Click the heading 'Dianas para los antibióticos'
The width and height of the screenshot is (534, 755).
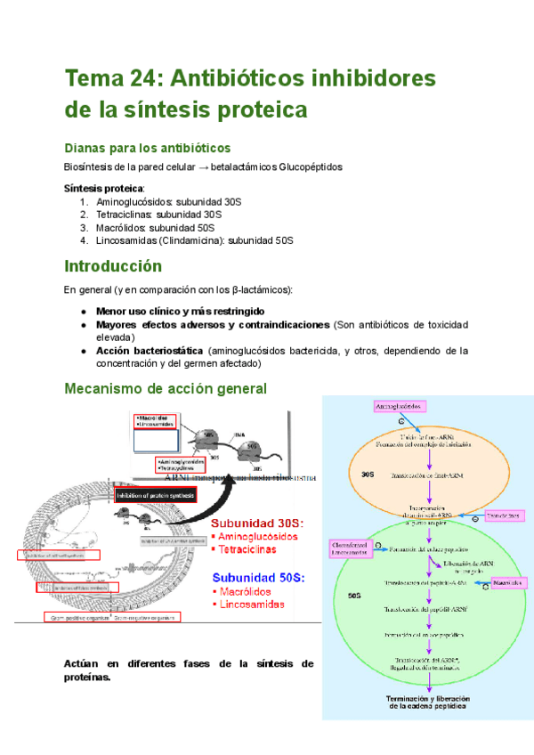[x=148, y=147]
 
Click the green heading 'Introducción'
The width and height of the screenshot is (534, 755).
[x=113, y=266]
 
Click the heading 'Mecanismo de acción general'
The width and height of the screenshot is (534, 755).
[x=166, y=389]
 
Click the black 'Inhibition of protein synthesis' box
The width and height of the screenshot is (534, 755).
[x=156, y=495]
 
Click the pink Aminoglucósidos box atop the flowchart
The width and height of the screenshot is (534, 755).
[x=400, y=406]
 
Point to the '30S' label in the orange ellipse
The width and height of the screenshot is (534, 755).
[x=368, y=475]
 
